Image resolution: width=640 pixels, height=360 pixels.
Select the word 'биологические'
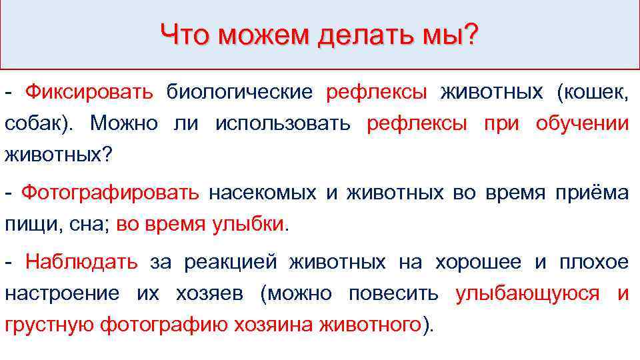[239, 92]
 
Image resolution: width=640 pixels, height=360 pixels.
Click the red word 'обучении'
[582, 123]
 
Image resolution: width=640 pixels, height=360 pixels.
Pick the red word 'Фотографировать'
[110, 193]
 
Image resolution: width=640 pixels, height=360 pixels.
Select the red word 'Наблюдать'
[81, 263]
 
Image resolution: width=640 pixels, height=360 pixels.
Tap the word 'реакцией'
[227, 263]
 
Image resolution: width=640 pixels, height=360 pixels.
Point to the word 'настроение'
[62, 294]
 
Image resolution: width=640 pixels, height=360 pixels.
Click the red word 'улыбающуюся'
[527, 294]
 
